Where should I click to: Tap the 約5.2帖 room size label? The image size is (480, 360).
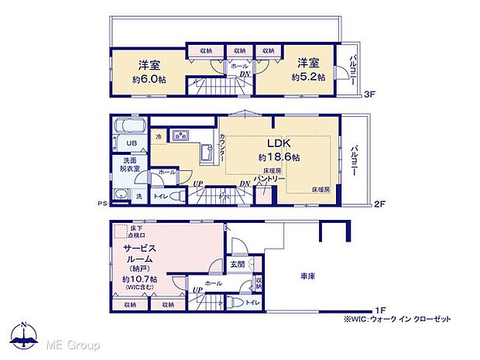(308, 77)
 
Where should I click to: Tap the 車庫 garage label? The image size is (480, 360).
(307, 276)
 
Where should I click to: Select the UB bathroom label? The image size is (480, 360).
(123, 144)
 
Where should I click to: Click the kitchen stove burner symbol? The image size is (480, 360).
(180, 136)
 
